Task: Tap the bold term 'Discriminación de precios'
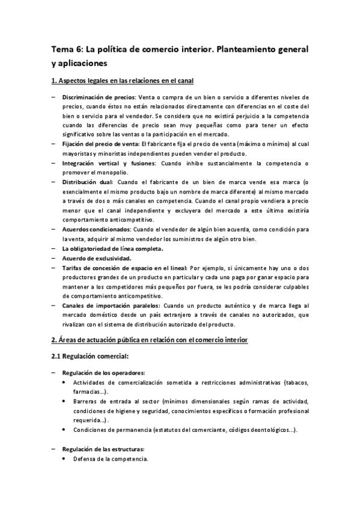tap(99, 97)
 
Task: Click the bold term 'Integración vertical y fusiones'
tap(105, 164)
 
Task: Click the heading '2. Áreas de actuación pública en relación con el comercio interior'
tap(148, 340)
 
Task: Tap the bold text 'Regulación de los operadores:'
tap(103, 373)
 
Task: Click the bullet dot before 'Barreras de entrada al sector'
tap(64, 402)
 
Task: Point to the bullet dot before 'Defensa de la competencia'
tap(64, 459)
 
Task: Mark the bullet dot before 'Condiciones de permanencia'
tap(64, 430)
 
